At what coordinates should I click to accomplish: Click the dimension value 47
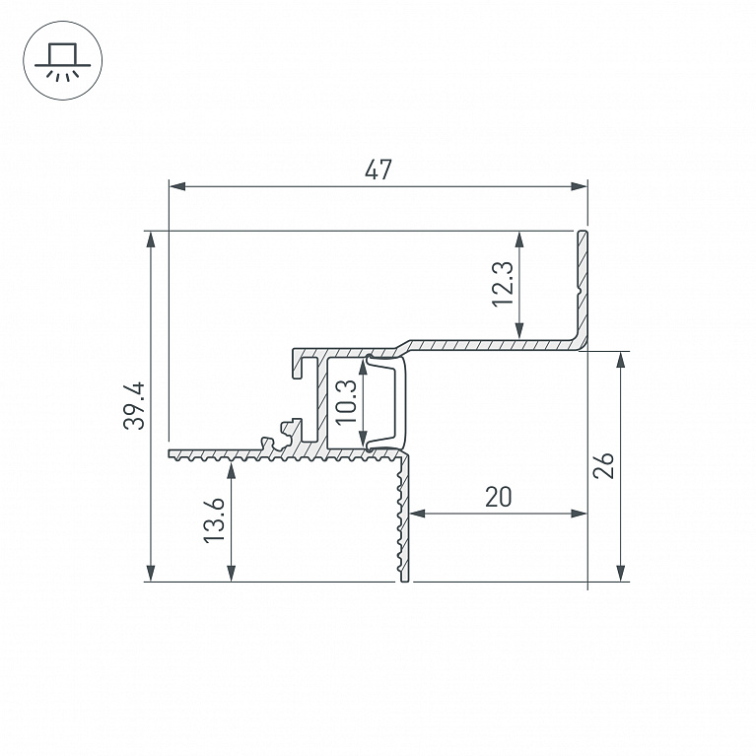coord(378,170)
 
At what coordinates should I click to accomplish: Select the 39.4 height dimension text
coord(134,405)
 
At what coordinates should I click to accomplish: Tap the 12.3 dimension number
coord(503,284)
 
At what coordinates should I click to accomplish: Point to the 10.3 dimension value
coord(346,402)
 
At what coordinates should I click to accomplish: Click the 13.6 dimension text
coord(214,520)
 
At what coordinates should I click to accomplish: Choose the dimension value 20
coord(498,497)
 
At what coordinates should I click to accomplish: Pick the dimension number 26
coord(603,465)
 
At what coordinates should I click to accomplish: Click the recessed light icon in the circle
coord(63,61)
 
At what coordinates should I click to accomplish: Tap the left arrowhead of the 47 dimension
coord(177,186)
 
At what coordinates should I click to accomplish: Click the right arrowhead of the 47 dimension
coord(579,186)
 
